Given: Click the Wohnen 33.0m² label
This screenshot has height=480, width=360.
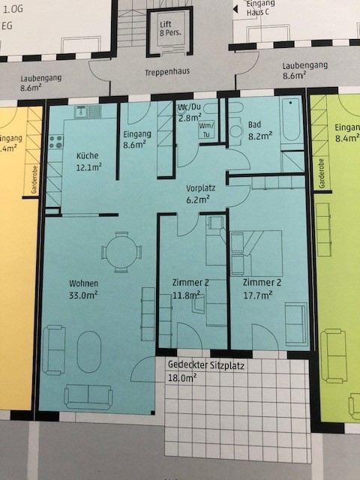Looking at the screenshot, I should pyautogui.click(x=84, y=289).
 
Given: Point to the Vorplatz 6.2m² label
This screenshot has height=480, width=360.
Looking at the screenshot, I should pyautogui.click(x=201, y=194).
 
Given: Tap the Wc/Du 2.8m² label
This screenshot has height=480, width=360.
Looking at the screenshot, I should pyautogui.click(x=189, y=112).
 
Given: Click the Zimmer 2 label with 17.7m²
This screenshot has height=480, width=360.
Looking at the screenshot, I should pyautogui.click(x=262, y=288).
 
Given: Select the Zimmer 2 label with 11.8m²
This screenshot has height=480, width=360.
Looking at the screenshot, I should pyautogui.click(x=190, y=288).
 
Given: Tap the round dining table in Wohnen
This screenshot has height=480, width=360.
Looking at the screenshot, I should pyautogui.click(x=121, y=250).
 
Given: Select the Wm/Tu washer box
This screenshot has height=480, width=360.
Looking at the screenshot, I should pyautogui.click(x=206, y=130).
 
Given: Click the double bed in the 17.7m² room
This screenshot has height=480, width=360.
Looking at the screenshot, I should pyautogui.click(x=258, y=253).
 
